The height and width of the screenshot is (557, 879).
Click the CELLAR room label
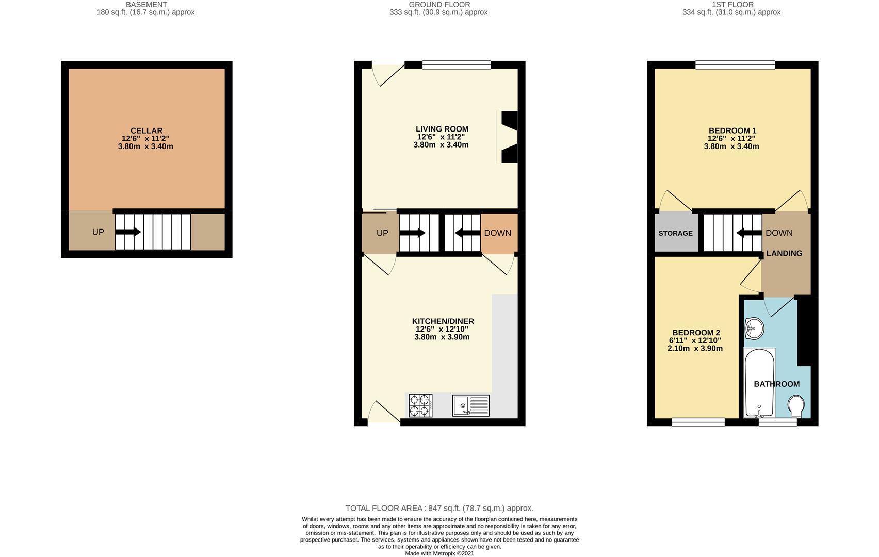pos(146,131)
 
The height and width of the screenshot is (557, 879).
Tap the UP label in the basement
pos(98,232)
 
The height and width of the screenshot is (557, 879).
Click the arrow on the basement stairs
pos(128,232)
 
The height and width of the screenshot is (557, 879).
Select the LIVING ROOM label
pos(442,129)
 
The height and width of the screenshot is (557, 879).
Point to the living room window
pos(456,64)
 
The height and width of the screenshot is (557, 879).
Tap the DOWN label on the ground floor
pos(497,233)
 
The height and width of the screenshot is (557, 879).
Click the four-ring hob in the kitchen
pos(420,405)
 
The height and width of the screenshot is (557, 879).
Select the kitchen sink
pos(470,405)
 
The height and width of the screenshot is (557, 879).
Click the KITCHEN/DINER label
pos(443,321)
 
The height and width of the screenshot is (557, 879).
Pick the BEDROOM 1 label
pos(732,131)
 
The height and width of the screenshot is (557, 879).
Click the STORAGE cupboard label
pos(675,233)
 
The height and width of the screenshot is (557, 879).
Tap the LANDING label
pos(784,253)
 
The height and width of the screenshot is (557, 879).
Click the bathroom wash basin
pos(754,329)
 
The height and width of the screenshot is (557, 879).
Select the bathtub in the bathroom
pos(759,382)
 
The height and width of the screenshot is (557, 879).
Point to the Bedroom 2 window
pos(698,422)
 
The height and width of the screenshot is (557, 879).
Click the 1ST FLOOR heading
pos(732,5)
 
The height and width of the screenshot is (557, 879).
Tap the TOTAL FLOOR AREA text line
pos(440,508)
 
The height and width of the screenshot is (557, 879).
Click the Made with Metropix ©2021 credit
pos(440,553)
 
